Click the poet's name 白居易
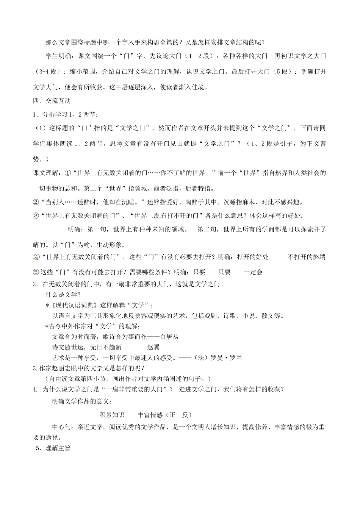(170, 336)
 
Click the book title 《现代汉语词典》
(75, 305)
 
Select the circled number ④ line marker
(36, 257)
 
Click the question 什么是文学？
(63, 295)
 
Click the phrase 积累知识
(112, 415)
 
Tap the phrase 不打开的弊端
(307, 257)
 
